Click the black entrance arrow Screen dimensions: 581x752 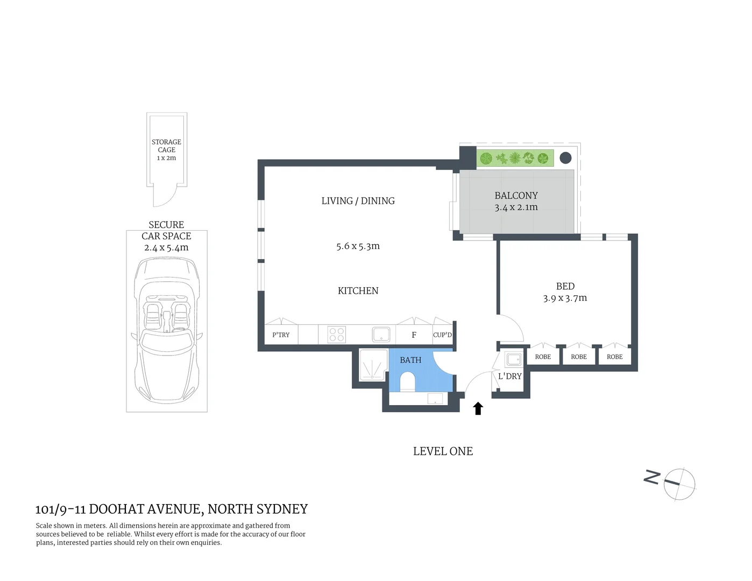pos(478,409)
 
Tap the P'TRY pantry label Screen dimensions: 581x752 pos(281,335)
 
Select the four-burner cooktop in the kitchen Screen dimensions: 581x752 pos(337,335)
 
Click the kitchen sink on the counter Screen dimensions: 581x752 pos(381,334)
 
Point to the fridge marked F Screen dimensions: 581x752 pos(414,335)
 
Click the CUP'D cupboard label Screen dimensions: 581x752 pos(442,335)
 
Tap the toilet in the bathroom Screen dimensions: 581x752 pos(408,383)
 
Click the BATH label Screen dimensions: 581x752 pos(410,360)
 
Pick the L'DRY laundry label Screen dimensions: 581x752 pos(509,376)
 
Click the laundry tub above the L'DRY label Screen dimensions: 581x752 pos(513,359)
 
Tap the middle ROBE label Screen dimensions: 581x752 pos(579,357)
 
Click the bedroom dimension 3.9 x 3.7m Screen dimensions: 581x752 pos(565,298)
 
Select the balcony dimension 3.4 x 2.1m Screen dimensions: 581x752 pos(516,207)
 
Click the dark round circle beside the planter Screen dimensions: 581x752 pos(565,158)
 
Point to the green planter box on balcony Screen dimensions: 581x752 pos(515,159)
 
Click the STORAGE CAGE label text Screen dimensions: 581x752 pos(166,146)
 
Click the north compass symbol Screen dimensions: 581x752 pos(679,484)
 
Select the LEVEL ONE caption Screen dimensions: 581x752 pos(443,451)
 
